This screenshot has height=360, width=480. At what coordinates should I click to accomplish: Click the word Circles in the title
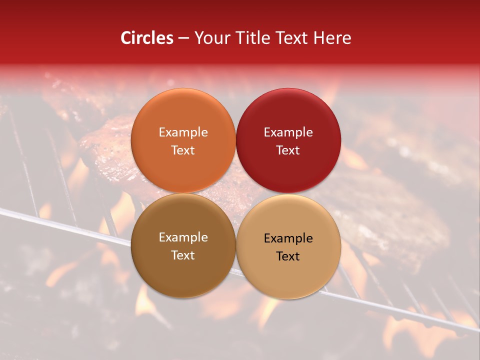[x=146, y=38]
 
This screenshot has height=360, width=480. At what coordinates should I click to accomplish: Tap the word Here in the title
[x=332, y=38]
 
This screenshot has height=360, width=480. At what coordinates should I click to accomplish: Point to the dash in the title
[x=183, y=38]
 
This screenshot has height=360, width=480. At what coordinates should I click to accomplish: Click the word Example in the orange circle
[x=183, y=132]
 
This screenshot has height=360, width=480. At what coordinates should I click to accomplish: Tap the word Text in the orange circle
[x=183, y=150]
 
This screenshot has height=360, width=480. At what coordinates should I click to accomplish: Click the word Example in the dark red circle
[x=288, y=132]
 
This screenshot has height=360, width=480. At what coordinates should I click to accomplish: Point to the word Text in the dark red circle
[x=288, y=150]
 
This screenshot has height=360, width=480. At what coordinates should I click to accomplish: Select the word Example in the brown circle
[x=183, y=237]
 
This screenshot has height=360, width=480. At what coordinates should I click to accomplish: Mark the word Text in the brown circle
[x=183, y=255]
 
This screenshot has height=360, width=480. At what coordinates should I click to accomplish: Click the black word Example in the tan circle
[x=288, y=238]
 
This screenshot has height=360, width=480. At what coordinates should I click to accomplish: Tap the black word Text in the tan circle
[x=288, y=256]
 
